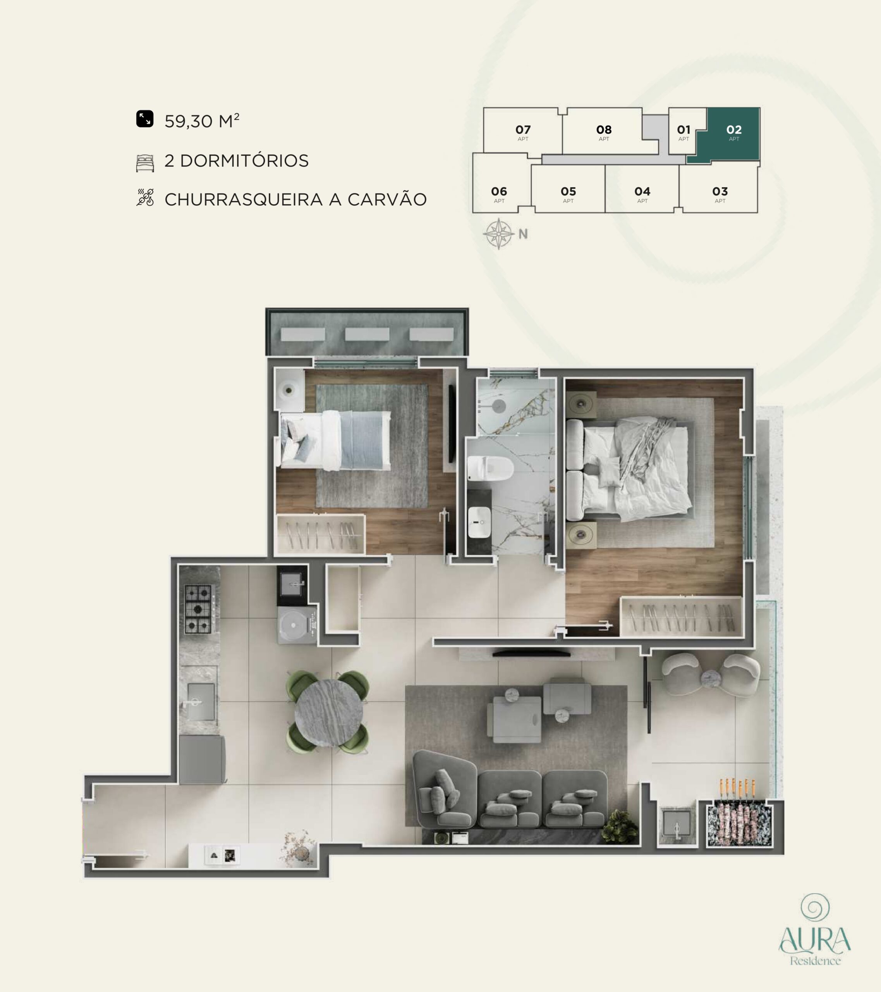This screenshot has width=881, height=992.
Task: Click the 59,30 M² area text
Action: (202, 121)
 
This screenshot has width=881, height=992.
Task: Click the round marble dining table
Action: (328, 713)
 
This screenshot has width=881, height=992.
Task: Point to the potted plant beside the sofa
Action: (620, 825)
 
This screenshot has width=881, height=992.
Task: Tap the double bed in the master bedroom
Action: (629, 469)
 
